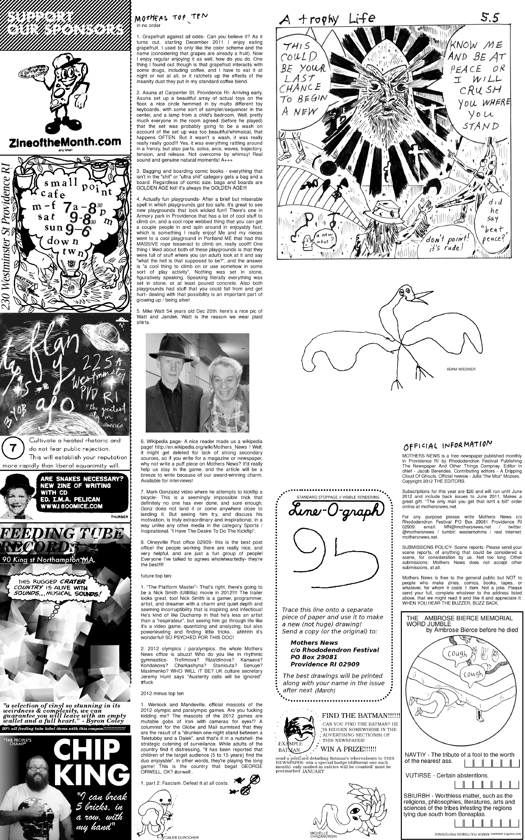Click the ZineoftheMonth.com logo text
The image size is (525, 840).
point(66,142)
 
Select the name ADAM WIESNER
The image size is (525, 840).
point(461,369)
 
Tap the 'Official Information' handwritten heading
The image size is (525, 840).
point(448,445)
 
